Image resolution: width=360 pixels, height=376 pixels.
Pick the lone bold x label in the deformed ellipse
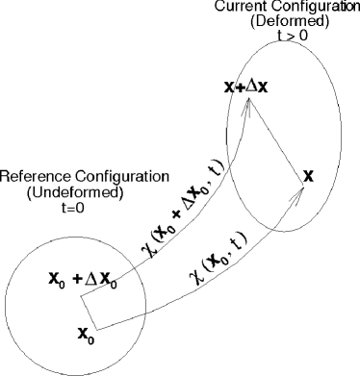click(x=308, y=176)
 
